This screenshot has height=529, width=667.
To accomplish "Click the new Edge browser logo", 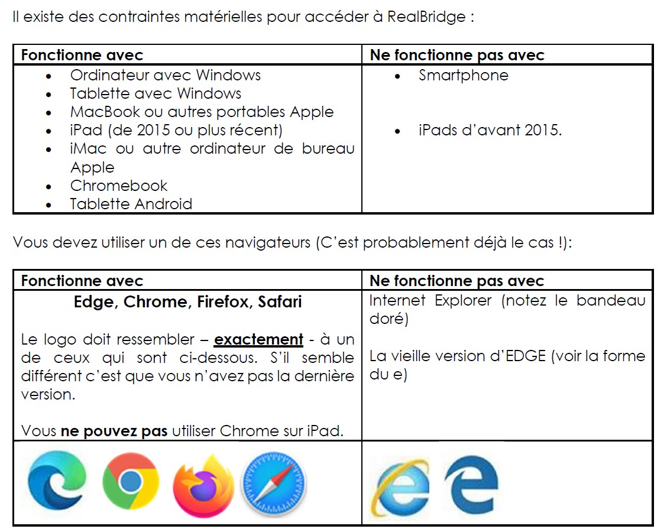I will pos(56,482).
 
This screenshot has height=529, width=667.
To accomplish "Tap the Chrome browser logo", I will pos(130,482).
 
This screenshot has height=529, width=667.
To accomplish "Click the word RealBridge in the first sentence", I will pos(426,17).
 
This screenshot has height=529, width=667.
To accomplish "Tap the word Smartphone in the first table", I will pos(463,76).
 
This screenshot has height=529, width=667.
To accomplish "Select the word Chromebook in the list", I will pos(118,186).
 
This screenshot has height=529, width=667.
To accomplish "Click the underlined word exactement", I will pos(258,340).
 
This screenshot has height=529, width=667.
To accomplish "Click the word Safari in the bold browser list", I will pos(280,302).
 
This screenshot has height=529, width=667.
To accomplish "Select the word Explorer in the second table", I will pos(463,300).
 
